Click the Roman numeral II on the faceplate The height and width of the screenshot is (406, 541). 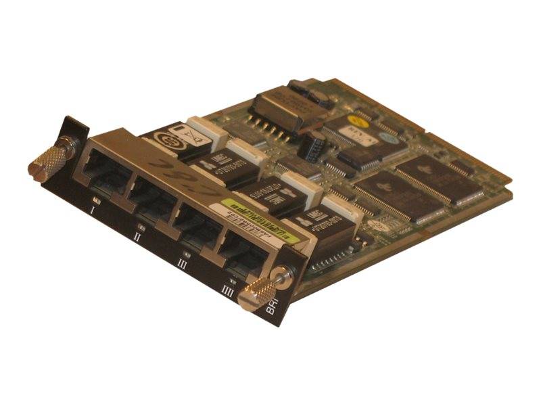(x=138, y=238)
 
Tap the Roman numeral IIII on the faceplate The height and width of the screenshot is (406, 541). (x=229, y=292)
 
